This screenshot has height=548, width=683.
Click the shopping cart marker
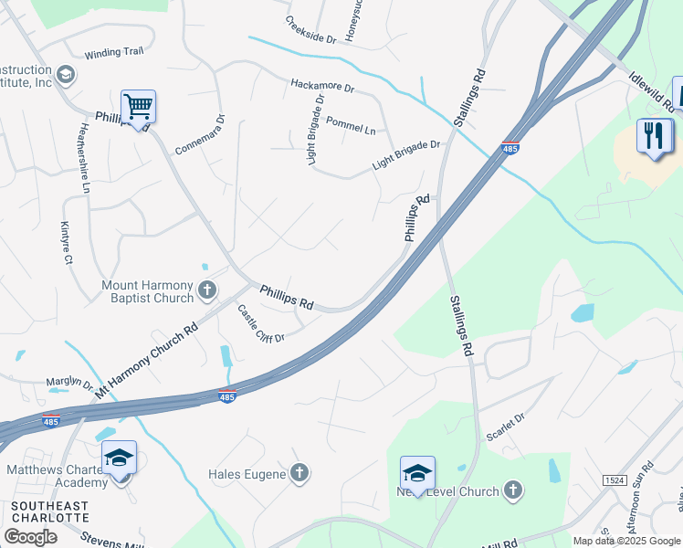pos(138,107)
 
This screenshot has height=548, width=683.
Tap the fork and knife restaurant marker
pos(655,136)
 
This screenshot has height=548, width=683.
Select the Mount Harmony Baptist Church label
pos(147,291)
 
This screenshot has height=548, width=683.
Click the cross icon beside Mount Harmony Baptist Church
pos(207,291)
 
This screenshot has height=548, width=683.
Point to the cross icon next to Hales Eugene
pos(299,473)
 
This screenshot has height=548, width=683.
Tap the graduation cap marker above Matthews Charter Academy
pos(119,457)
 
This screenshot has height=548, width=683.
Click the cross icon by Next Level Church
pos(513,491)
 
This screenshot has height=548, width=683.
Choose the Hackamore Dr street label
pos(321,86)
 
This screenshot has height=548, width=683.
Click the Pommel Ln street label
pos(351,125)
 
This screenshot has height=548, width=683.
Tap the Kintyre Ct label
pos(67,241)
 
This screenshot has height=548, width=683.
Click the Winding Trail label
pos(114,53)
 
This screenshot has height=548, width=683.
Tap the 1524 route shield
pos(615,479)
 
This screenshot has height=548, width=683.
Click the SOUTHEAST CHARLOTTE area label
pos(48,511)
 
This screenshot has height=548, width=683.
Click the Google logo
pos(29,537)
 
